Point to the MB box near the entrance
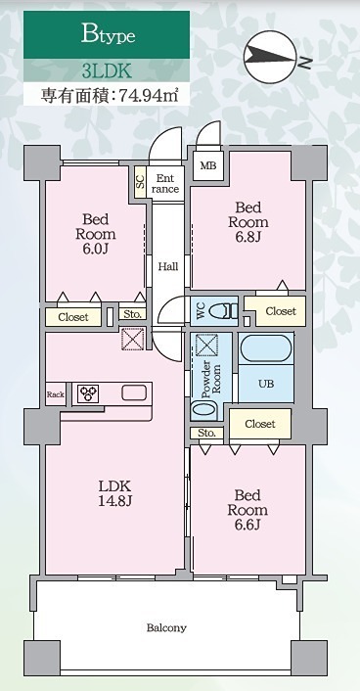[208, 165]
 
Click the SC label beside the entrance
[140, 181]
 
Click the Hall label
[167, 265]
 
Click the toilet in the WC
[223, 310]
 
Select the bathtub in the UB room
[266, 348]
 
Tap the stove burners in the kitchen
[90, 393]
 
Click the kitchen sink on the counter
[134, 393]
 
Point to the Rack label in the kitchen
[55, 394]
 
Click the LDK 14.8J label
[115, 493]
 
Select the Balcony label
[166, 627]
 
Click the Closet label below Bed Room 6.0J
[72, 317]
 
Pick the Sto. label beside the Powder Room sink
[205, 432]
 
